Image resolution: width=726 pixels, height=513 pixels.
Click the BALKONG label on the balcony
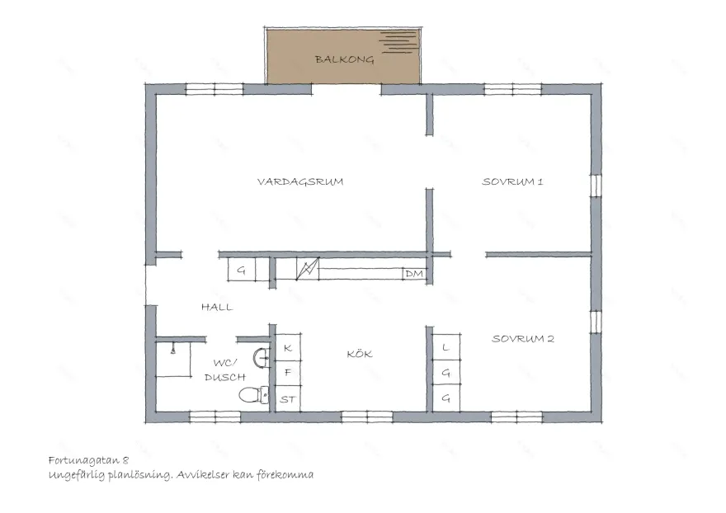pos(344,59)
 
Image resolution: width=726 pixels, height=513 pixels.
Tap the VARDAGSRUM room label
pos(300,181)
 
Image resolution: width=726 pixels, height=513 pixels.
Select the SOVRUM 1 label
pos(512,181)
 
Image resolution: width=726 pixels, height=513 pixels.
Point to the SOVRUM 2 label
pos(523,338)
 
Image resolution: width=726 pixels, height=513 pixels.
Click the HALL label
pos(217,307)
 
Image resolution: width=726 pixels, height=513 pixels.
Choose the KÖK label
pos(360,354)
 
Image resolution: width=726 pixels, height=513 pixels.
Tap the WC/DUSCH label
pos(225,370)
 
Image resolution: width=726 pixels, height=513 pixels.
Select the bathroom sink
pos(262,357)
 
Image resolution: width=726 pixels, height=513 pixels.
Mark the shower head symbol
pos(173,348)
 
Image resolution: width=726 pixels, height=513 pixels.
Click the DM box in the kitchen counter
pos(414,274)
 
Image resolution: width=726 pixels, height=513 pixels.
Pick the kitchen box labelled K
pos(288,347)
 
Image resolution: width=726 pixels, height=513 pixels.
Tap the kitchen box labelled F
pos(288,373)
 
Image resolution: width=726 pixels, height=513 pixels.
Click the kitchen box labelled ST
pos(288,398)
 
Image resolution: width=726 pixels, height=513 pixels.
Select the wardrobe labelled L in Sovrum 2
pos(446,346)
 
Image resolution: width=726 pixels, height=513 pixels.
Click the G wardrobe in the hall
pos(241,270)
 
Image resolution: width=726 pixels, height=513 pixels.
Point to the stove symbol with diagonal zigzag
pos(308,269)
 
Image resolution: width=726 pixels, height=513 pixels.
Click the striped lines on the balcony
pos(398,42)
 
